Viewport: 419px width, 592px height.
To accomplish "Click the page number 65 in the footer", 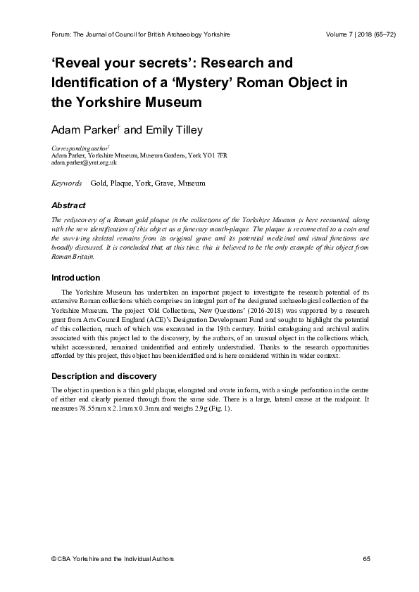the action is [x=366, y=559].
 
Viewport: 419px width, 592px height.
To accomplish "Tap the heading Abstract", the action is [x=68, y=206].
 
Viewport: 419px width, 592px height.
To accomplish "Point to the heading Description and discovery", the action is [x=101, y=376].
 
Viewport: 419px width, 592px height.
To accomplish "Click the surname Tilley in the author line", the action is [x=186, y=129].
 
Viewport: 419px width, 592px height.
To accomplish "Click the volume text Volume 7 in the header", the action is [x=342, y=34].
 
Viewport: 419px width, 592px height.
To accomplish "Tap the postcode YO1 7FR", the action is [x=213, y=155].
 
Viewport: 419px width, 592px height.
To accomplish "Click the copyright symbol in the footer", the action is [x=54, y=559].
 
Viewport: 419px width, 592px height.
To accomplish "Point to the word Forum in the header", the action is [x=63, y=34].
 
